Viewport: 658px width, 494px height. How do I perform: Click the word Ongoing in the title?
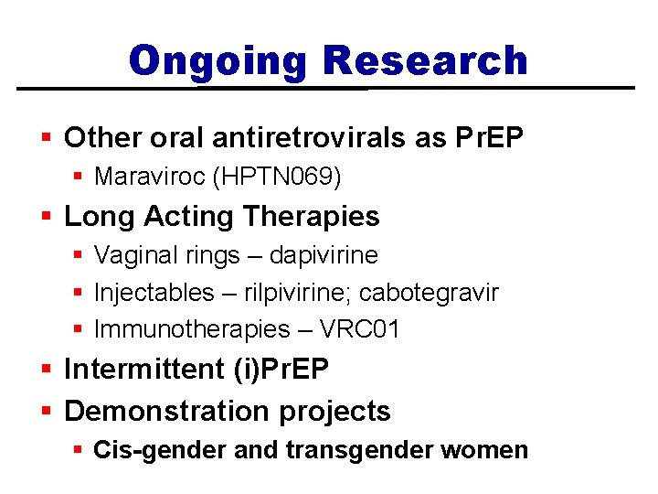220,61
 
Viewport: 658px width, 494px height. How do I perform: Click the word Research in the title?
425,61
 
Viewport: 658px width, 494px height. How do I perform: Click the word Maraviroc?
149,176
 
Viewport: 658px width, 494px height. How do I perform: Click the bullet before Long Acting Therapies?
48,218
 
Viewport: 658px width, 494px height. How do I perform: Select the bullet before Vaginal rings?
79,256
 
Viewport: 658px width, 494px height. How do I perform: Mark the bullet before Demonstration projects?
48,413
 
